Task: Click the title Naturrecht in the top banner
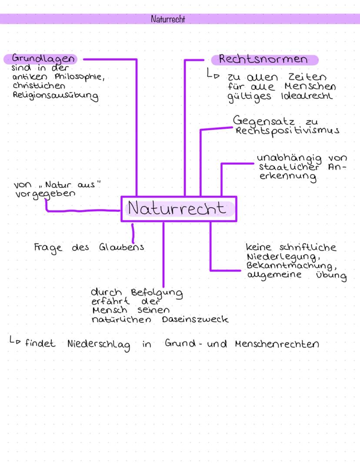coord(168,19)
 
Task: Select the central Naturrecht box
coord(179,209)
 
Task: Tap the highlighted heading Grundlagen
coord(42,59)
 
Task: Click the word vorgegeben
coord(43,194)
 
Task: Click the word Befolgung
coord(156,294)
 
